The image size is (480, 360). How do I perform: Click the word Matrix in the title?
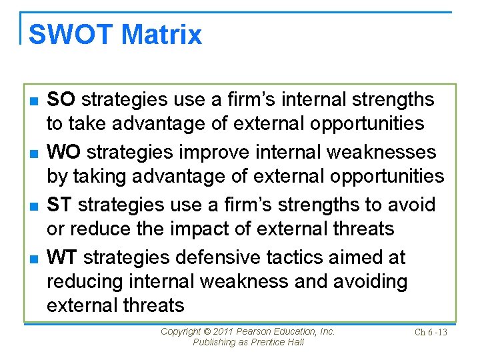[x=163, y=35]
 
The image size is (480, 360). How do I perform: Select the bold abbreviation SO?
[x=61, y=100]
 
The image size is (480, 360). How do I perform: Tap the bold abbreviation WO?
[x=64, y=152]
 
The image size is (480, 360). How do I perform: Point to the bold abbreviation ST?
[x=61, y=205]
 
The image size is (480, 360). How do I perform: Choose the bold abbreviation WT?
[x=63, y=257]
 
